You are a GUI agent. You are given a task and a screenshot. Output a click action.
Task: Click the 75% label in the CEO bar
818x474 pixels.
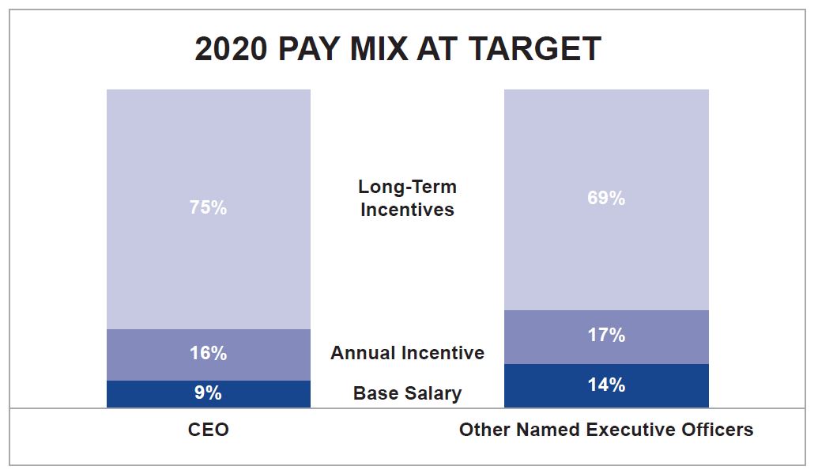[208, 208]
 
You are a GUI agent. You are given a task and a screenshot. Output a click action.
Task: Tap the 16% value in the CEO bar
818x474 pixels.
[208, 354]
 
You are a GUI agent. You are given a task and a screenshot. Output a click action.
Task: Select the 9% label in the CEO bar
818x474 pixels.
[208, 393]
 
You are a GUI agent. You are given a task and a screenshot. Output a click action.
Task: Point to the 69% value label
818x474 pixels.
[606, 199]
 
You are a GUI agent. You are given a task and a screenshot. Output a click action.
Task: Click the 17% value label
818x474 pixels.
[606, 336]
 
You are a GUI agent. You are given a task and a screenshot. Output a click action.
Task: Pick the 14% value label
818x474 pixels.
[606, 385]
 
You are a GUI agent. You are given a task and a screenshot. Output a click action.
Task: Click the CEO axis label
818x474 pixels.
[208, 430]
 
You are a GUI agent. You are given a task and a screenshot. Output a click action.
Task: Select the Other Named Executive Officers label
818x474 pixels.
[606, 430]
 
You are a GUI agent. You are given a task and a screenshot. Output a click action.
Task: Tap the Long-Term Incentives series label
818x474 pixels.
[407, 199]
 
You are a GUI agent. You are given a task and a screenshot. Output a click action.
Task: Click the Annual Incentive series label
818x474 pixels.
[407, 353]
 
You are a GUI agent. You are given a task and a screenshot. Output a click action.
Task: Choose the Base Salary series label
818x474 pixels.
[407, 393]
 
